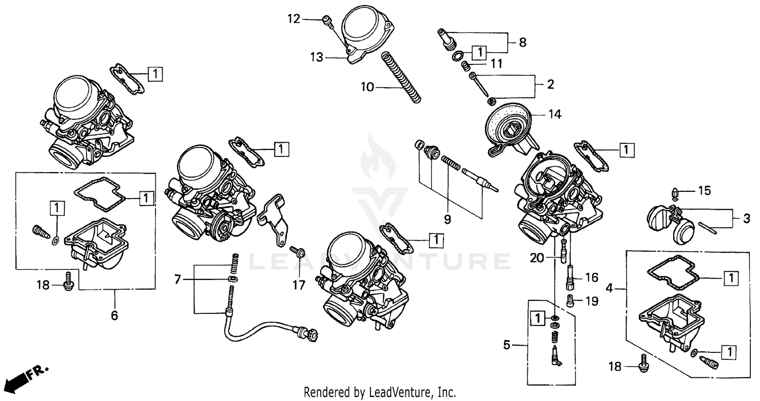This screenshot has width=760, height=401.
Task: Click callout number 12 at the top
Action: [x=294, y=19]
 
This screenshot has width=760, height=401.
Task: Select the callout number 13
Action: [x=317, y=58]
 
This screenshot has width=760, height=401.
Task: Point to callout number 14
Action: [x=555, y=114]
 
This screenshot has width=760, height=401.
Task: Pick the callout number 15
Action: [x=705, y=191]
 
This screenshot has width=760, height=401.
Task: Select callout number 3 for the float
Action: [x=746, y=219]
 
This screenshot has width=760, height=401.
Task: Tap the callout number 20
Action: [x=537, y=258]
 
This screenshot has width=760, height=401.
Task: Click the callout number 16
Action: [x=591, y=277]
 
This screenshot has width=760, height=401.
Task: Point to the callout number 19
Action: [x=591, y=301]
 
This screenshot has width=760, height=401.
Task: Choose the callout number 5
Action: [x=506, y=345]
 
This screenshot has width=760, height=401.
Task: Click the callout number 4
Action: [x=610, y=289]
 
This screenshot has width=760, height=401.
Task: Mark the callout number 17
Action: [x=299, y=285]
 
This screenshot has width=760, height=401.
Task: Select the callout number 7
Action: [x=177, y=279]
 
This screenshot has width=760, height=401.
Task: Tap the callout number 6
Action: [x=115, y=315]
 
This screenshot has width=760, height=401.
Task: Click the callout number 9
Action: [x=447, y=219]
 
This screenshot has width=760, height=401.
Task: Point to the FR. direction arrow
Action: [x=25, y=376]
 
